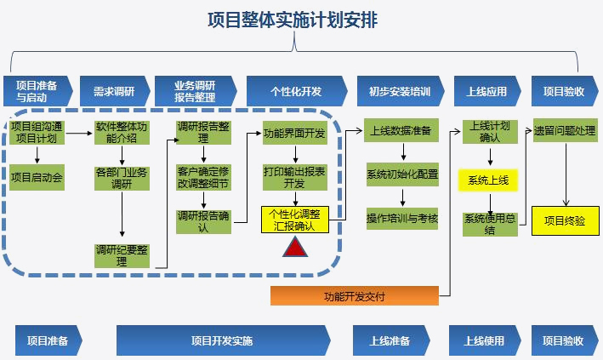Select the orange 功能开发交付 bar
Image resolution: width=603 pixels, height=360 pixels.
355,296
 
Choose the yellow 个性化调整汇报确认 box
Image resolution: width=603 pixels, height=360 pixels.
293,220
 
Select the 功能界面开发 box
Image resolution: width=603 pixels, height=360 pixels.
294,134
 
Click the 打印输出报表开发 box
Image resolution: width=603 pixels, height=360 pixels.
294,176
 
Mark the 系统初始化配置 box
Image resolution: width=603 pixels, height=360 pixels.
402,174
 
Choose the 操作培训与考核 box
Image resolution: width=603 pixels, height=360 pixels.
402,219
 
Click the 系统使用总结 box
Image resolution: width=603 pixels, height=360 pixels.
491,224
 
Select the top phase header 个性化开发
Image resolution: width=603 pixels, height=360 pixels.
295,90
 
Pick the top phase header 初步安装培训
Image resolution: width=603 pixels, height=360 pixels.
400,90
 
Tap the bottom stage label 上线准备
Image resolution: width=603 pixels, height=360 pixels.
390,340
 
